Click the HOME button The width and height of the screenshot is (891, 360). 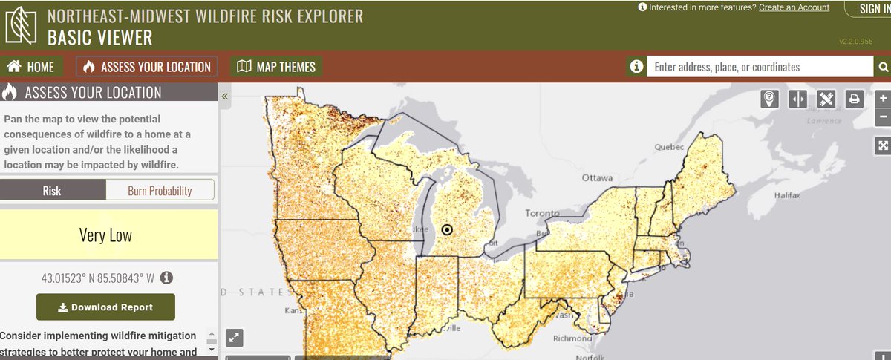click(31, 67)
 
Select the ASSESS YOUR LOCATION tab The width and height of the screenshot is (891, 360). click(147, 67)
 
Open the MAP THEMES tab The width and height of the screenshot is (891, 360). click(276, 67)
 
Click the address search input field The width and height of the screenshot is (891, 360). click(759, 67)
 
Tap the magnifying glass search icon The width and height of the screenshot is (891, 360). click(883, 67)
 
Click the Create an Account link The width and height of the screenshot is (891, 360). click(794, 7)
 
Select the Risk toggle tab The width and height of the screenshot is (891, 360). click(52, 191)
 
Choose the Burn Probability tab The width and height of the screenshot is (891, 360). click(160, 191)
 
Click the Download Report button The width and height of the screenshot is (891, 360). click(105, 307)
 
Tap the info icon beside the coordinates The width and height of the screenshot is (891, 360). click(167, 278)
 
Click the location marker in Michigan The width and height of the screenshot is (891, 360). click(447, 230)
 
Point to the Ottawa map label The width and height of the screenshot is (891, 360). click(596, 178)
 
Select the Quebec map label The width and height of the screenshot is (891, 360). click(668, 147)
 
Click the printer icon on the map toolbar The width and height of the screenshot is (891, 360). click(854, 99)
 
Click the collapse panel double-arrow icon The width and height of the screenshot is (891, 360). click(225, 96)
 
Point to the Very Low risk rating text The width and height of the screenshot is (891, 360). click(105, 235)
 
